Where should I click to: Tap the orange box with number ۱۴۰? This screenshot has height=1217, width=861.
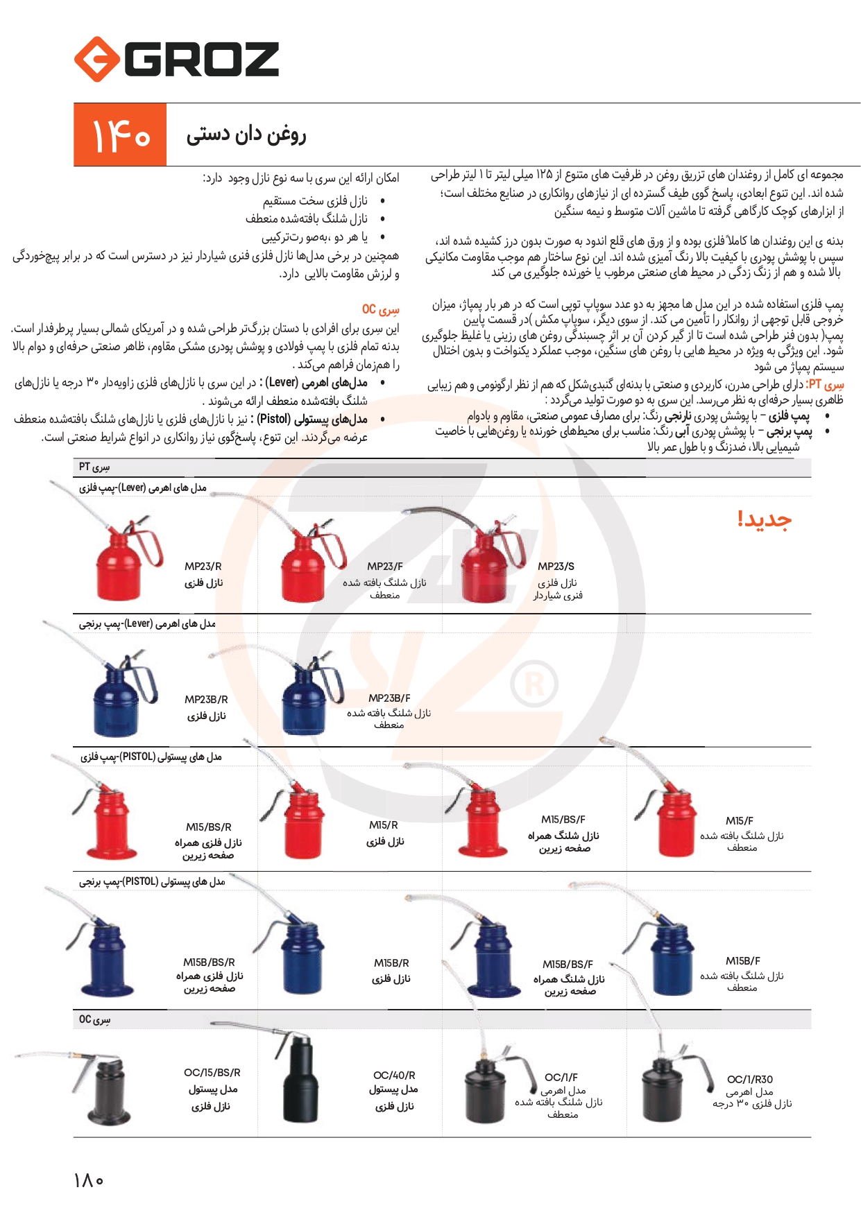point(120,135)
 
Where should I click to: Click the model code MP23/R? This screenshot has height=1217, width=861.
point(203,567)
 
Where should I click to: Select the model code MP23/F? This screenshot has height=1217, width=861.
point(385,567)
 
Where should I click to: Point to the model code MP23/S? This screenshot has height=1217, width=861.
point(556,567)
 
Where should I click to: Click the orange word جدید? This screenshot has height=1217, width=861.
point(764,519)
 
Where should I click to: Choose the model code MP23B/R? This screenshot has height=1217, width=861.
point(206,700)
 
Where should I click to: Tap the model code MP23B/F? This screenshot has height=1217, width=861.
point(389,698)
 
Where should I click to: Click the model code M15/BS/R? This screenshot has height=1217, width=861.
point(209,827)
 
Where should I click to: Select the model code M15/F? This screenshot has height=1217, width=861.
point(740,821)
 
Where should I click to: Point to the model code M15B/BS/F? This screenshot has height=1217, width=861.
point(568,965)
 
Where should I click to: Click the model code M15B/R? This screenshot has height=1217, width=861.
point(391,963)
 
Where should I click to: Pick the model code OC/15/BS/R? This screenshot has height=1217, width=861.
point(212,1073)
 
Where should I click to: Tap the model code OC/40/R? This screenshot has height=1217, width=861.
point(394,1076)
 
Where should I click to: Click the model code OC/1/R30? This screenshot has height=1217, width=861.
point(750,1080)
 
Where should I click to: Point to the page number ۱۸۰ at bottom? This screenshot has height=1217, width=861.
point(89,1180)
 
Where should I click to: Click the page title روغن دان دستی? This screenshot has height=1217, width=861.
point(246,135)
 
